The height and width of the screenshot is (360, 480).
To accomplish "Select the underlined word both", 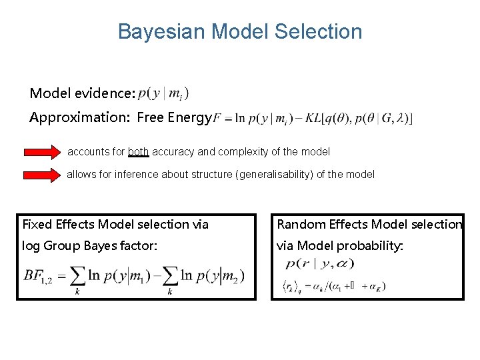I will pos(138,152).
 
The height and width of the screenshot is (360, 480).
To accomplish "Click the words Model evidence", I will pos(83,93).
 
